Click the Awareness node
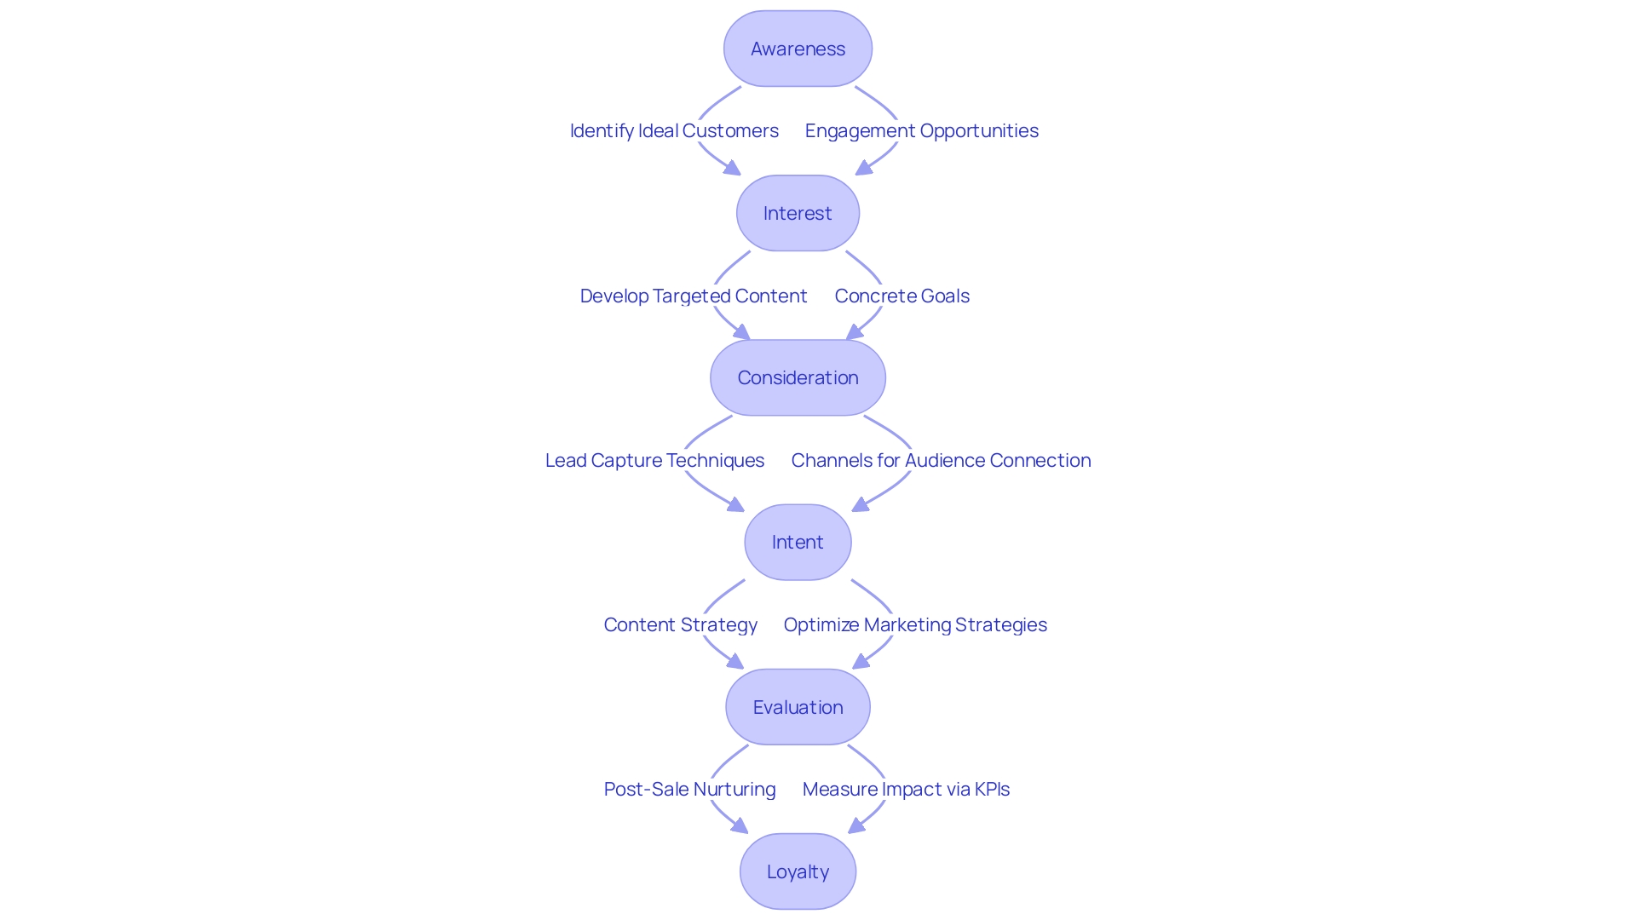(798, 49)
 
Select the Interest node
(798, 213)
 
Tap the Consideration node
(798, 377)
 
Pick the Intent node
(798, 542)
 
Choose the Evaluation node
(798, 707)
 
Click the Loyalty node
(798, 871)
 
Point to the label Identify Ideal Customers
(674, 130)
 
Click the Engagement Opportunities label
(921, 130)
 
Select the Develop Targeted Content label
(693, 296)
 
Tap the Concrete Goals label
(902, 296)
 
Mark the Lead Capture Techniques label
(654, 460)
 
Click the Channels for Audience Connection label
(941, 460)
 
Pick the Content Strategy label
(680, 624)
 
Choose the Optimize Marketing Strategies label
(915, 624)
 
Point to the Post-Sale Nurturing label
(689, 789)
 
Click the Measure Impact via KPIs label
(906, 789)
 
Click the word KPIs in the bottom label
(992, 789)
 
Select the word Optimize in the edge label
(821, 624)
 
